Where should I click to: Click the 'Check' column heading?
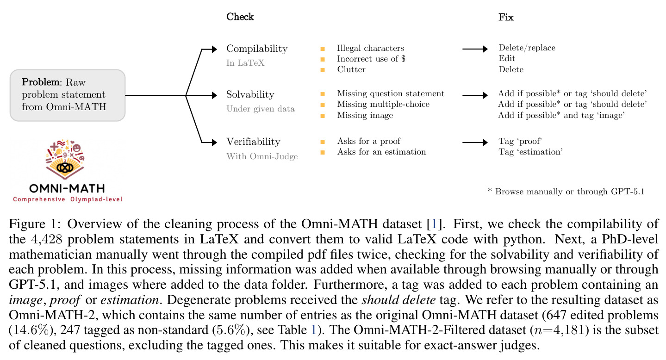[240, 17]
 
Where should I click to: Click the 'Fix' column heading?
[506, 17]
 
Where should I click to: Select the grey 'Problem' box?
[68, 95]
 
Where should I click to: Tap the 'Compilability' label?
[257, 49]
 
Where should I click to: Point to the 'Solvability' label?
[250, 94]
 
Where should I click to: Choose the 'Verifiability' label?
[253, 142]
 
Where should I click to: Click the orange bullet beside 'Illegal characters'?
[322, 49]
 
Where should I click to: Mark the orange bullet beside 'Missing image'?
[322, 116]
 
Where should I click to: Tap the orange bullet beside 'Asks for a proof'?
[322, 142]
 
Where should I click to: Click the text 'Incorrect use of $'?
[371, 59]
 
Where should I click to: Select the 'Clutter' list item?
[351, 69]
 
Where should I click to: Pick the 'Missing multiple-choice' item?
[383, 104]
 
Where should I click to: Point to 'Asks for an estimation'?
[381, 152]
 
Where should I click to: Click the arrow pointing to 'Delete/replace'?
[475, 49]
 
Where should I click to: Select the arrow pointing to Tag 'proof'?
[475, 143]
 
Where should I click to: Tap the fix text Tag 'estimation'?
[530, 152]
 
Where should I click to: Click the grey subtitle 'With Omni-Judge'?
[262, 156]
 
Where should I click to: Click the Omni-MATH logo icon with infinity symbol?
[65, 159]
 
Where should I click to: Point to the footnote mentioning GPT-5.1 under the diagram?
[566, 192]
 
